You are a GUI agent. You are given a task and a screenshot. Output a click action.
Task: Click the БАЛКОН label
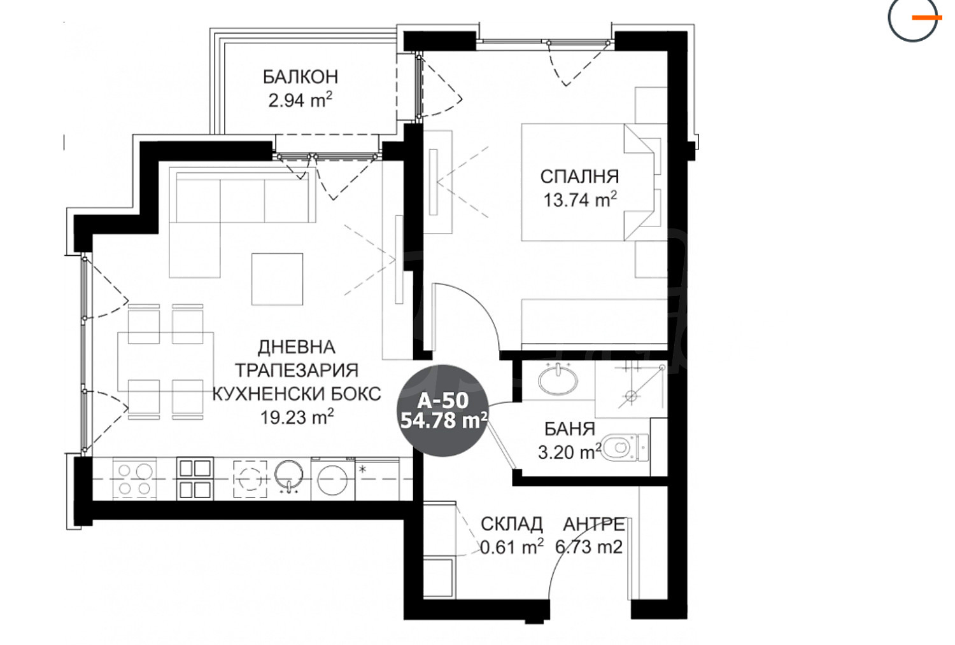(x=300, y=77)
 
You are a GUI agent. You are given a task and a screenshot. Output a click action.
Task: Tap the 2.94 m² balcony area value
(x=300, y=101)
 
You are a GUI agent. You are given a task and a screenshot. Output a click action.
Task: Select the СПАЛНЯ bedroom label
(x=579, y=177)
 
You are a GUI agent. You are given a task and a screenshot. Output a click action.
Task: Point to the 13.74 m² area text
(x=580, y=199)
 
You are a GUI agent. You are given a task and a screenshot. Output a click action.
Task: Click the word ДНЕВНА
(x=297, y=347)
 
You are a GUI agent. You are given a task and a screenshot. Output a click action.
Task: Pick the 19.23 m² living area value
(x=297, y=417)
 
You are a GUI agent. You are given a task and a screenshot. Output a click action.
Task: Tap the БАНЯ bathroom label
(x=570, y=429)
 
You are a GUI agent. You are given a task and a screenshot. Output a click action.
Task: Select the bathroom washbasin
(x=558, y=379)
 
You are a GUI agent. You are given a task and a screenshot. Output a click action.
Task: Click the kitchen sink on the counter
(x=288, y=477)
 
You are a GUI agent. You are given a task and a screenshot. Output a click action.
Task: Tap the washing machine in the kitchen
(x=333, y=479)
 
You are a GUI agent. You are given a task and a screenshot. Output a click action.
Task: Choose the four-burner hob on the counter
(x=134, y=479)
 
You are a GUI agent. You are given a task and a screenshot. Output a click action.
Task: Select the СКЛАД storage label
(x=512, y=524)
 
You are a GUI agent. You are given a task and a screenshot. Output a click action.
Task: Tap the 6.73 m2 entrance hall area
(x=589, y=547)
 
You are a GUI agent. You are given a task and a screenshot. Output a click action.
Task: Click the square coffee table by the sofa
(x=277, y=279)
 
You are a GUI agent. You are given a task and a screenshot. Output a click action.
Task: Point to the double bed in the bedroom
(x=588, y=183)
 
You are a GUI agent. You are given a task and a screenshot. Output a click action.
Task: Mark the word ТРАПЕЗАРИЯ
(x=297, y=370)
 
